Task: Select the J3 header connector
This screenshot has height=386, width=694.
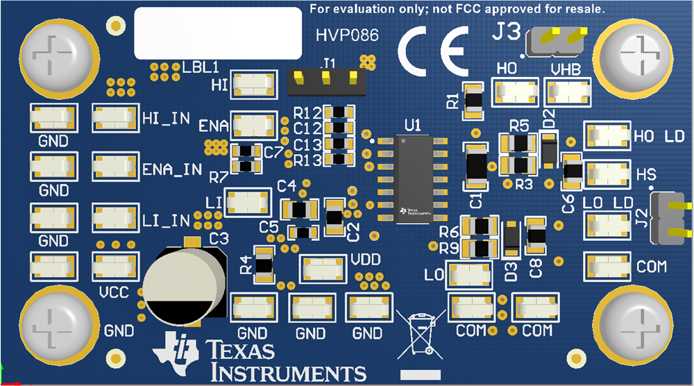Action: point(555,42)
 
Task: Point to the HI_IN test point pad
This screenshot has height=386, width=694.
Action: point(113,118)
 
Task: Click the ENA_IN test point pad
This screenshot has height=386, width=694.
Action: point(113,167)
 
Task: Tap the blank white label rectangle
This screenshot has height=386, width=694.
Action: point(217,33)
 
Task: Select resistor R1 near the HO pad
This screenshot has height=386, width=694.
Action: point(474,100)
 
